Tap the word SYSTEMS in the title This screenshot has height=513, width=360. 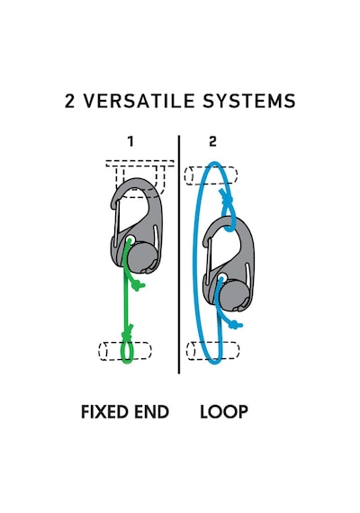pyautogui.click(x=248, y=101)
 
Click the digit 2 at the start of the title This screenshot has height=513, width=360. pyautogui.click(x=69, y=101)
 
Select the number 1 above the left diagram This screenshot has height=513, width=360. pyautogui.click(x=130, y=141)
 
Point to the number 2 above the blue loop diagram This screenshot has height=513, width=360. pyautogui.click(x=212, y=141)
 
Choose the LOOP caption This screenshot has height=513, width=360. pyautogui.click(x=224, y=411)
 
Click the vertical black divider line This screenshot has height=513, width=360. pyautogui.click(x=179, y=254)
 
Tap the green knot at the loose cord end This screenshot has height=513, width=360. pyautogui.click(x=138, y=286)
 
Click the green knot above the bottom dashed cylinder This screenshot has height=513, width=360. pyautogui.click(x=127, y=334)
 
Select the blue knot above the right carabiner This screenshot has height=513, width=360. pyautogui.click(x=227, y=199)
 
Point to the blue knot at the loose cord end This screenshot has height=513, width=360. pyautogui.click(x=235, y=325)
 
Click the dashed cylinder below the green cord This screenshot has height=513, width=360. pyautogui.click(x=125, y=351)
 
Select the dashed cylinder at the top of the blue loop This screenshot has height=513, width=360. pyautogui.click(x=211, y=175)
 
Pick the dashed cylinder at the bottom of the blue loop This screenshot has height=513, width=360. pyautogui.click(x=212, y=351)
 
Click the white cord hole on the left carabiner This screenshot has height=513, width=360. pyautogui.click(x=130, y=239)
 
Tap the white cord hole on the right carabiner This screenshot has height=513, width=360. pyautogui.click(x=222, y=278)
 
